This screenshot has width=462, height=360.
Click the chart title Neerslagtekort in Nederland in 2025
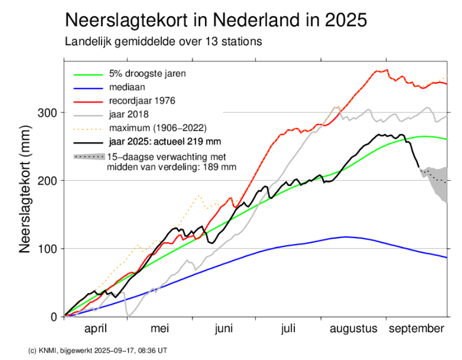[216, 20]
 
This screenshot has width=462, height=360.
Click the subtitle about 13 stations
[163, 42]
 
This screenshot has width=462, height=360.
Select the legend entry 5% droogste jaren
[147, 74]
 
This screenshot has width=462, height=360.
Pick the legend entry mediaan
[127, 87]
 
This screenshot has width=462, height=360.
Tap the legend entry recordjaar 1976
[142, 101]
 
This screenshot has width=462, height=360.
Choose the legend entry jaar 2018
[129, 114]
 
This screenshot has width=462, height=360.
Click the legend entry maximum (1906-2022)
[158, 128]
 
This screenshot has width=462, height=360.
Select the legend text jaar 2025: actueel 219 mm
[165, 141]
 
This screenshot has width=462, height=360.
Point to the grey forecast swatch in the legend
[89, 157]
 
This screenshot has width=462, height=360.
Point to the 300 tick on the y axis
[47, 112]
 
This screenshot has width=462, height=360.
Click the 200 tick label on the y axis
[47, 181]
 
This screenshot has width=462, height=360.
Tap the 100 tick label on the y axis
[47, 249]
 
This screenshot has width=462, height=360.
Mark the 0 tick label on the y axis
[54, 317]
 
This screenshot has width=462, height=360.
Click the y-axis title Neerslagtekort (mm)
[25, 189]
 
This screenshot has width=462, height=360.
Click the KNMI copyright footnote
[98, 351]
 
